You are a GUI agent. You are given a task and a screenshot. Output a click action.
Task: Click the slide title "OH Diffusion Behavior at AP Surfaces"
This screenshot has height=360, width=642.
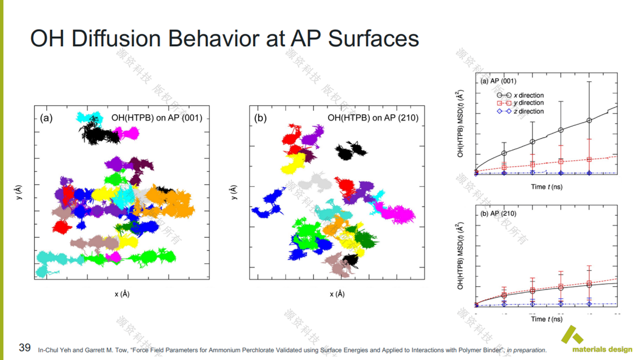[224, 39]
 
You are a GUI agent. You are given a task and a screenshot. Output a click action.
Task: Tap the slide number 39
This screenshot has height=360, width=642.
[25, 347]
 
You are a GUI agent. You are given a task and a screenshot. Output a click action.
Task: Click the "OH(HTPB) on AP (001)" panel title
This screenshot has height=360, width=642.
[157, 118]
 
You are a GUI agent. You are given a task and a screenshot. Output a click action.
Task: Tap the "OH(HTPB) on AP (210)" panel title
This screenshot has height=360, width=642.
[372, 118]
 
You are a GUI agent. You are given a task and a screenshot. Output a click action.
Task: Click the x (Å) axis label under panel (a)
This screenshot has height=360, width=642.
[121, 294]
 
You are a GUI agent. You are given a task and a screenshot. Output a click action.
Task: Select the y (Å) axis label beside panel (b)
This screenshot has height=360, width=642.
[233, 192]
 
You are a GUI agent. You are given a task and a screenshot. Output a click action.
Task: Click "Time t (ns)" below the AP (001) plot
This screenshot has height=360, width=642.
[547, 187]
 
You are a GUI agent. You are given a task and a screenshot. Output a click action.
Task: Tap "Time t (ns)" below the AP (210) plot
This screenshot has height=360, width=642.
[547, 319]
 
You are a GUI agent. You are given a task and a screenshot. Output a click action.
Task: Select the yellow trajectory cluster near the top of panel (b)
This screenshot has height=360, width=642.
[294, 163]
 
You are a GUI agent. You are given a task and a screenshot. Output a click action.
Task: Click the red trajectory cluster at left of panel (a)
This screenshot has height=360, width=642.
[63, 227]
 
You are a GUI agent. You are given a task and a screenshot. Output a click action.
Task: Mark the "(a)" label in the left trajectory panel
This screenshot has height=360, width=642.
[46, 118]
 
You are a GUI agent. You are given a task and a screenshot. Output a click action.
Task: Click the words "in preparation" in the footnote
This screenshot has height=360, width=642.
[527, 350]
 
